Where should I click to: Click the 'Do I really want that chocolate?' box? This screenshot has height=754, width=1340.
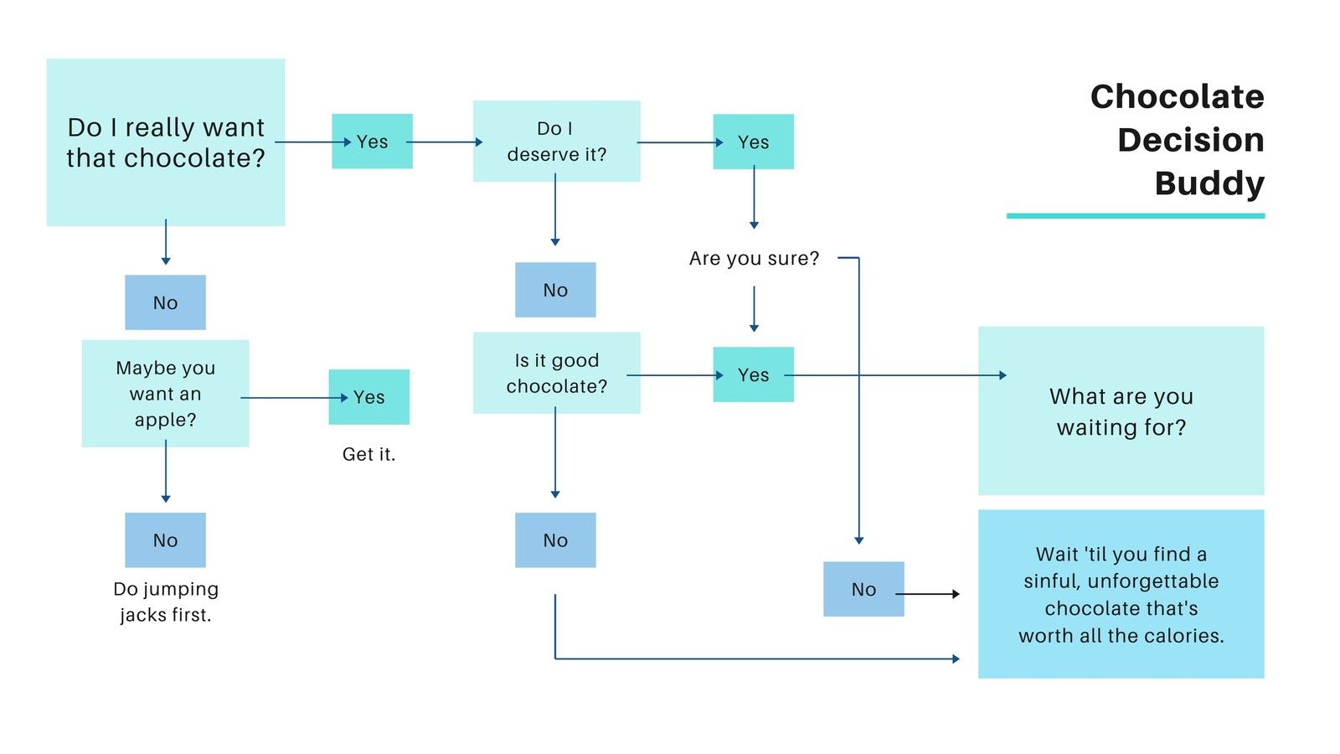click(x=166, y=142)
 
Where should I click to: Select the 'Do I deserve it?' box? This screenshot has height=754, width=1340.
click(x=557, y=142)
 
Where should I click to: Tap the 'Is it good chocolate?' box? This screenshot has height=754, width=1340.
click(x=557, y=373)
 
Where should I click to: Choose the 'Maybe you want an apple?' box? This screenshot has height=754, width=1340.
click(x=166, y=393)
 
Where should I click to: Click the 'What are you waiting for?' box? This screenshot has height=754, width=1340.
click(x=1121, y=411)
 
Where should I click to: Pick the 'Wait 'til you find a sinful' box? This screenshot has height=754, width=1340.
click(x=1121, y=594)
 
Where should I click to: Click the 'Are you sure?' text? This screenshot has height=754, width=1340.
click(x=754, y=259)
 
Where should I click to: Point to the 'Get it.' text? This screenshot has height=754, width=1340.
click(x=368, y=454)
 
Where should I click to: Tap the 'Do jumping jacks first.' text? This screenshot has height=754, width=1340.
click(x=166, y=602)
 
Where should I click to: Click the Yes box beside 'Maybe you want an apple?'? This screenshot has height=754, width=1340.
click(x=369, y=397)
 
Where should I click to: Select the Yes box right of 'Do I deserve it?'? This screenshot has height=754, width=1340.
click(x=754, y=142)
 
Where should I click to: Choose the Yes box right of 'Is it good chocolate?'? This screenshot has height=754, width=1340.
click(x=754, y=374)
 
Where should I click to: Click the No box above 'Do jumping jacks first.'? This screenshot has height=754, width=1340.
click(x=166, y=540)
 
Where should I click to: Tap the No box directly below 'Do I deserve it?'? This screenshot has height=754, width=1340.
click(x=556, y=290)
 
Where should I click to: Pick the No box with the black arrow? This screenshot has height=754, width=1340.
click(x=863, y=589)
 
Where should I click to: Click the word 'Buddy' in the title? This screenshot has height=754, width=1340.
click(x=1209, y=183)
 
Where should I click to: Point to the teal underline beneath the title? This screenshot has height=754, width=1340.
click(x=1136, y=216)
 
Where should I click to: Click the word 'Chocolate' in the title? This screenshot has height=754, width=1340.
click(x=1178, y=96)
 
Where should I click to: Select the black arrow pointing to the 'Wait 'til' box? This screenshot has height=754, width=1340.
click(x=928, y=594)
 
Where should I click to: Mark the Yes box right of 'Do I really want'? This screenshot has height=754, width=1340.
click(x=372, y=142)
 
